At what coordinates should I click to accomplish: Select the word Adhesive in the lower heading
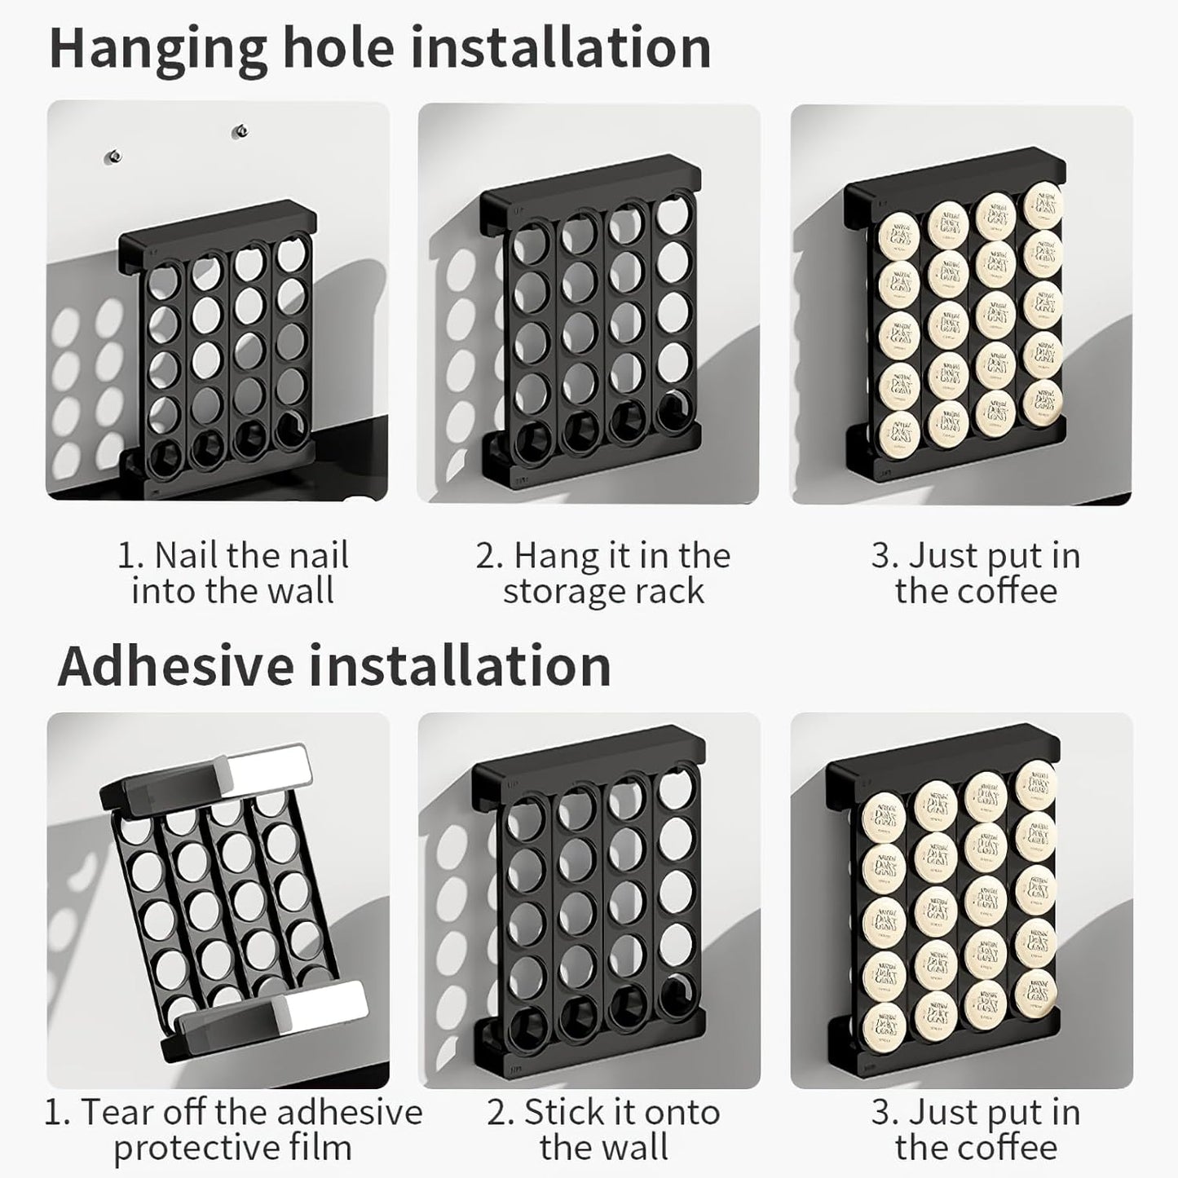tap(175, 666)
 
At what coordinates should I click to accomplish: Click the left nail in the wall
tap(115, 155)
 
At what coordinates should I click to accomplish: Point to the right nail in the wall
tap(240, 130)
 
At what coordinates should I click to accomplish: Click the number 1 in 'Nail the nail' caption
tap(127, 557)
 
